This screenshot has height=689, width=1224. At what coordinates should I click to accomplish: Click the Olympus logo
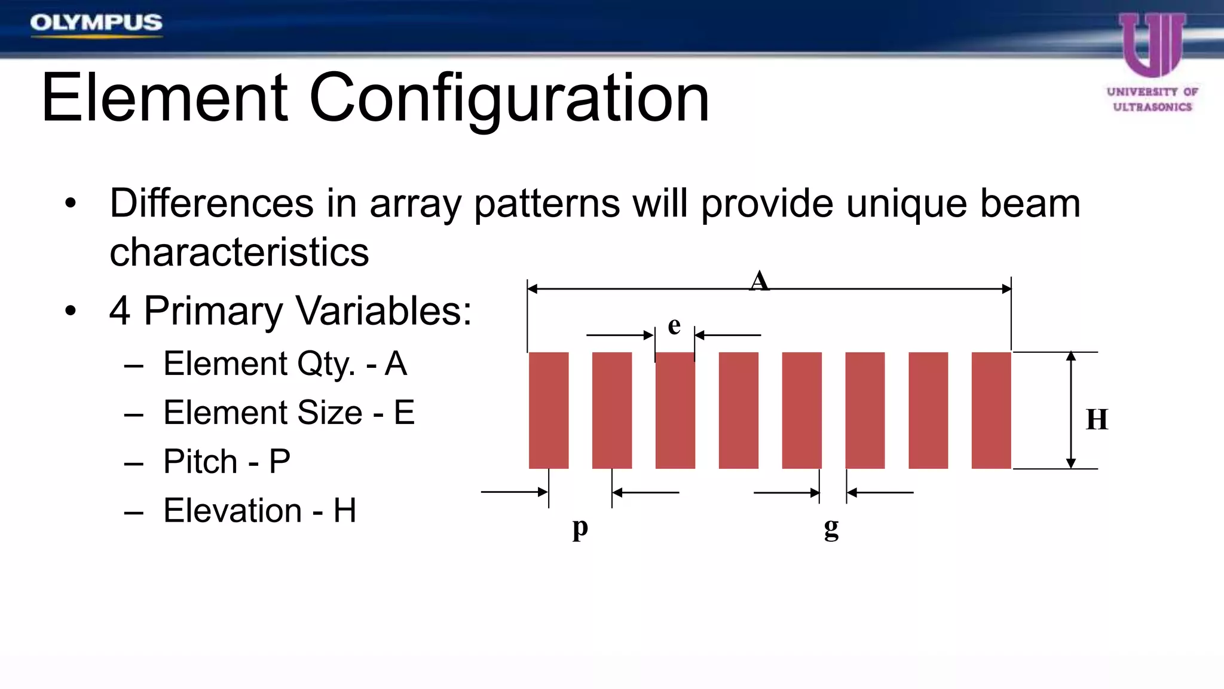click(x=96, y=23)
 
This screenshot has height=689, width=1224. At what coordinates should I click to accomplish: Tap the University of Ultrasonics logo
click(x=1152, y=63)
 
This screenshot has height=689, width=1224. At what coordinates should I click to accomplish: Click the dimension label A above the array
click(x=759, y=281)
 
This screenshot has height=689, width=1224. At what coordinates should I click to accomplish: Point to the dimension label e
click(x=674, y=325)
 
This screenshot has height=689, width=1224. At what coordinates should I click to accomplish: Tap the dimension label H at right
click(x=1097, y=419)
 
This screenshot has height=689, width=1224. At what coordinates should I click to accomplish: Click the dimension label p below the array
click(x=580, y=528)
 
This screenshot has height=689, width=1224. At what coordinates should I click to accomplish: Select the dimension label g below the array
click(x=831, y=528)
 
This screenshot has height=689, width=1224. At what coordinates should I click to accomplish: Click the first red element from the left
click(x=549, y=410)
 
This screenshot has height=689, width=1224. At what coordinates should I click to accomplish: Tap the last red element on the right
click(x=991, y=410)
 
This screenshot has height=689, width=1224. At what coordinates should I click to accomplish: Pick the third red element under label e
click(x=675, y=410)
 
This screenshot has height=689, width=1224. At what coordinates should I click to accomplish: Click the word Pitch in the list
click(x=201, y=461)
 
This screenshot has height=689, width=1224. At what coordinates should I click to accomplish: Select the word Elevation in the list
click(x=232, y=510)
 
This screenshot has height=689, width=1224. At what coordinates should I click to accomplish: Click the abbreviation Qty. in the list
click(x=326, y=364)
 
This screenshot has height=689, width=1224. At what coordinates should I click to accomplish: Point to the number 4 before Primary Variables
click(x=120, y=311)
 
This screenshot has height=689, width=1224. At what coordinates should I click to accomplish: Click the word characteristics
click(x=239, y=252)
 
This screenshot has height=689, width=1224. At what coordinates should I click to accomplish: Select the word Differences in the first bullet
click(x=212, y=203)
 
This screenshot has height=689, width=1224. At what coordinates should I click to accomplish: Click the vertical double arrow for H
click(x=1071, y=410)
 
